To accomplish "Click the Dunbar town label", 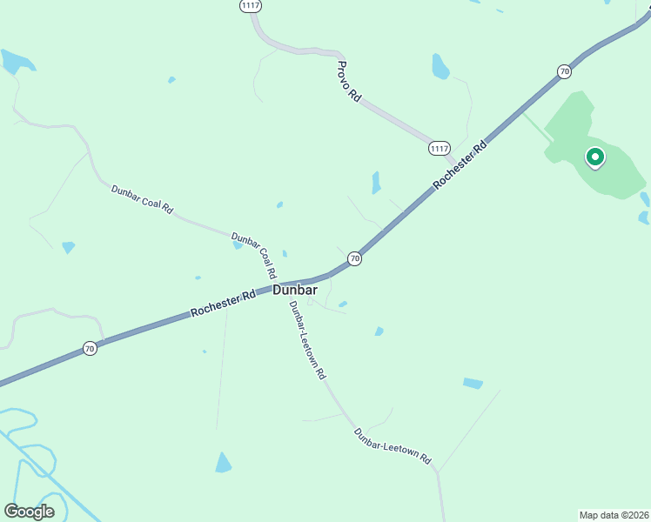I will point(295,290).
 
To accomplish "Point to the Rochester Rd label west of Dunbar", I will point(223,304).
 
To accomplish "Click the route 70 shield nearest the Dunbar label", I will point(354,258).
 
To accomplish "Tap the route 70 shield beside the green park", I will point(564,70).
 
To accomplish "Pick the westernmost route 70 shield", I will point(90,348).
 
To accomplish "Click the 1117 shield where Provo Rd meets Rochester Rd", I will point(440,149).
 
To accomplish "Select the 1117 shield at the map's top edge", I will point(251,5).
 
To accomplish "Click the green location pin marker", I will point(595,157).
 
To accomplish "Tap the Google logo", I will point(29,511).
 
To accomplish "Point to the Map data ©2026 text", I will point(614,514).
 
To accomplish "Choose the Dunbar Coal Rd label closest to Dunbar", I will point(253,256).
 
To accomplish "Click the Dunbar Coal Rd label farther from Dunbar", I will point(142,199).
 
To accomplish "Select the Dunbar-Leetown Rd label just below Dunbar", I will point(307,339).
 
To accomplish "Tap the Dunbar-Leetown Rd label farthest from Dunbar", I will point(393,445).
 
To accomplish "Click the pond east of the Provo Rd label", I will point(441,66).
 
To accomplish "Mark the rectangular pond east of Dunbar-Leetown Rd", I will point(473,383).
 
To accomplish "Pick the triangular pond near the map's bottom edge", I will point(224,463).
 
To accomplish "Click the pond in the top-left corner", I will point(17,61).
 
